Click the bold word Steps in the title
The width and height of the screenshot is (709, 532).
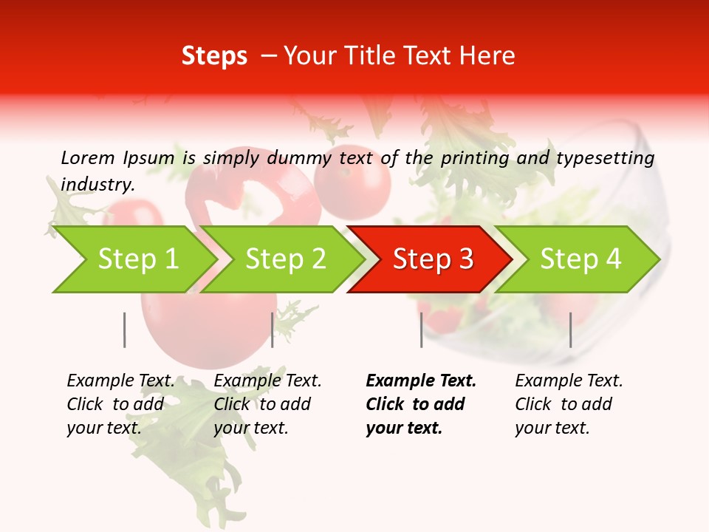(x=214, y=56)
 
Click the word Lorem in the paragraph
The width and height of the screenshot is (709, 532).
(x=86, y=157)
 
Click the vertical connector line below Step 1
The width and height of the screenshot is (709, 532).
(x=124, y=330)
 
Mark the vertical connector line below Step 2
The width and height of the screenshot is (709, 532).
(x=273, y=330)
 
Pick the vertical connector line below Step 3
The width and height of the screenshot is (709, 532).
(x=421, y=330)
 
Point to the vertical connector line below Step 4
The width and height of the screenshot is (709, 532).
(x=570, y=330)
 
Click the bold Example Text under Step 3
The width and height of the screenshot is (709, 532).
(x=421, y=381)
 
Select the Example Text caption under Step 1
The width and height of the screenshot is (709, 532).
(x=120, y=381)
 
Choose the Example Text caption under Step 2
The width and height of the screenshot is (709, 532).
(x=267, y=381)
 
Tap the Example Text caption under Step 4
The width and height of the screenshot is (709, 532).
(x=569, y=381)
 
